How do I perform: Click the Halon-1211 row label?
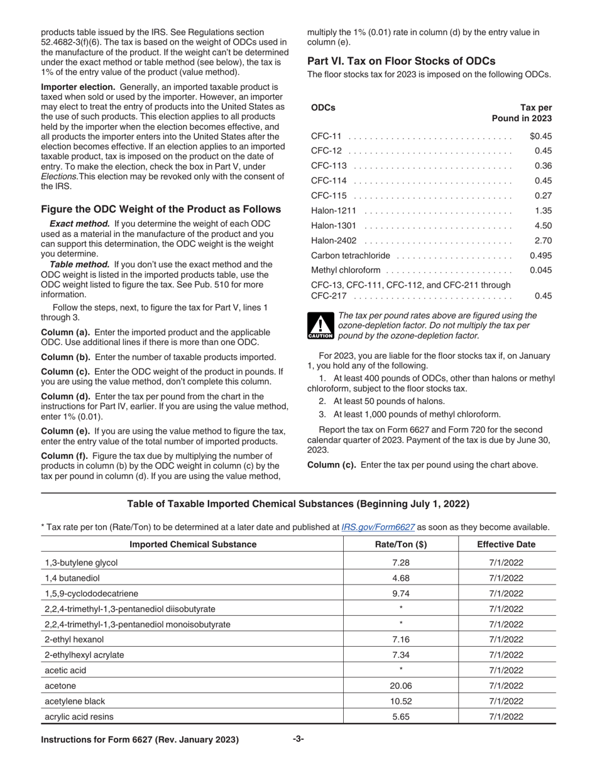334,211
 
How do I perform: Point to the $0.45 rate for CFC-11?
540,136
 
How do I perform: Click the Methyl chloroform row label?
345,270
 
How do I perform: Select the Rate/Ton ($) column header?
400,544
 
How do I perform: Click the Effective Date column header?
506,544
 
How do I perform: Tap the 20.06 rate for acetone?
400,686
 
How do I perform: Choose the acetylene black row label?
75,701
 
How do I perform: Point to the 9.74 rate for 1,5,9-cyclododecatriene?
400,593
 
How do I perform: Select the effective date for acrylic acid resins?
506,716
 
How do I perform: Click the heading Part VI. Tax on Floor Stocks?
401,61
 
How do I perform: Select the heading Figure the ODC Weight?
161,209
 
